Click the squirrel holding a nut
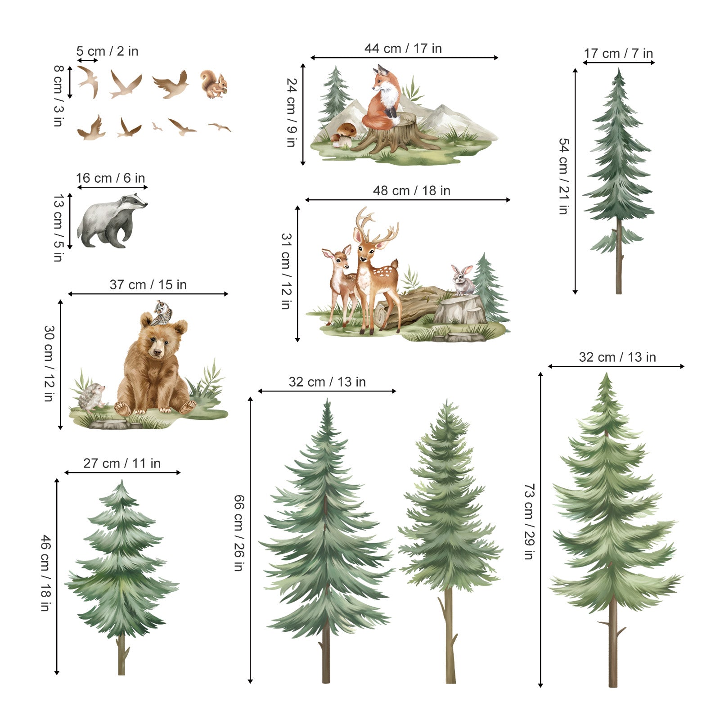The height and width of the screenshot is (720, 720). [214, 84]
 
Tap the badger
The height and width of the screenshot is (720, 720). [112, 220]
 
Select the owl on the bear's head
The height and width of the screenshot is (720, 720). [162, 313]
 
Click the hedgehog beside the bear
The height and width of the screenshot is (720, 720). [92, 397]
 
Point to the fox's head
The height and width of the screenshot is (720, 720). [383, 77]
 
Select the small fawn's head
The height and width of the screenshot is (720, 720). [337, 256]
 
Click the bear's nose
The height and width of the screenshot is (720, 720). [157, 351]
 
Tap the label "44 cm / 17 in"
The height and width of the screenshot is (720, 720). [403, 49]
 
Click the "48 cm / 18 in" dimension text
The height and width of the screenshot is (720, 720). [412, 191]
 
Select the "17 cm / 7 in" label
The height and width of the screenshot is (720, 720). [618, 54]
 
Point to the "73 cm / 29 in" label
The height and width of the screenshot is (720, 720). [530, 522]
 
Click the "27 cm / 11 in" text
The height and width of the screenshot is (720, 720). [122, 463]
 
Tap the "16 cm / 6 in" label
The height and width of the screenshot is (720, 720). [110, 178]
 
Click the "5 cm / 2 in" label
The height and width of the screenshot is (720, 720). [107, 51]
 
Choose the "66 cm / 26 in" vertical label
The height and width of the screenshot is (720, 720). [239, 533]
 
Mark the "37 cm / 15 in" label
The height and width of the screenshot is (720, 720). [148, 285]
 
